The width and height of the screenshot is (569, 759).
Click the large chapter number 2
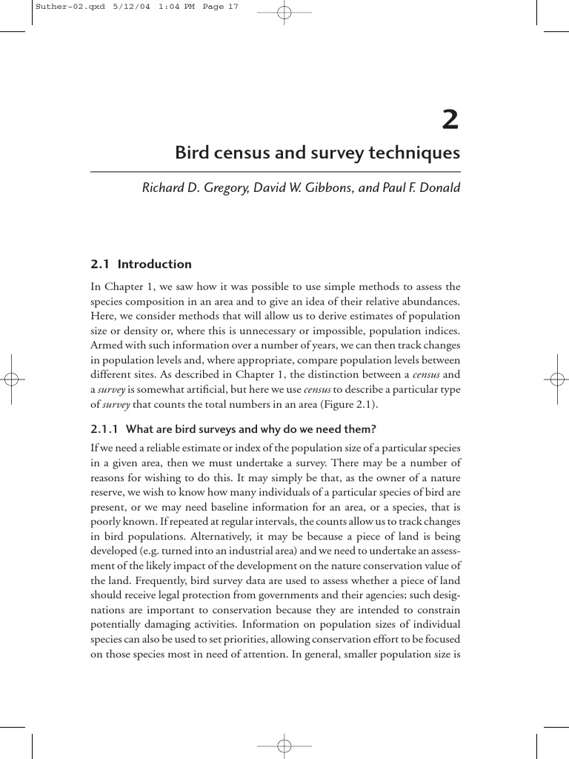pyautogui.click(x=450, y=119)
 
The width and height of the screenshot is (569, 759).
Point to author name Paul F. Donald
pyautogui.click(x=422, y=188)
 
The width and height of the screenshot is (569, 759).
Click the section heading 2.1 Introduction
pyautogui.click(x=141, y=264)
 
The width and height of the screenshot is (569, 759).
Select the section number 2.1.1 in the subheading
pyautogui.click(x=105, y=428)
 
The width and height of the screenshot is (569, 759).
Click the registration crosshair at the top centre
pyautogui.click(x=284, y=13)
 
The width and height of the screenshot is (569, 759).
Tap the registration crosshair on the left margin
pyautogui.click(x=11, y=379)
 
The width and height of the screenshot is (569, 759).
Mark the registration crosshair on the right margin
pyautogui.click(x=557, y=379)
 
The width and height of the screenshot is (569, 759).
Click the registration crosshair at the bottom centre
pyautogui.click(x=284, y=745)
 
